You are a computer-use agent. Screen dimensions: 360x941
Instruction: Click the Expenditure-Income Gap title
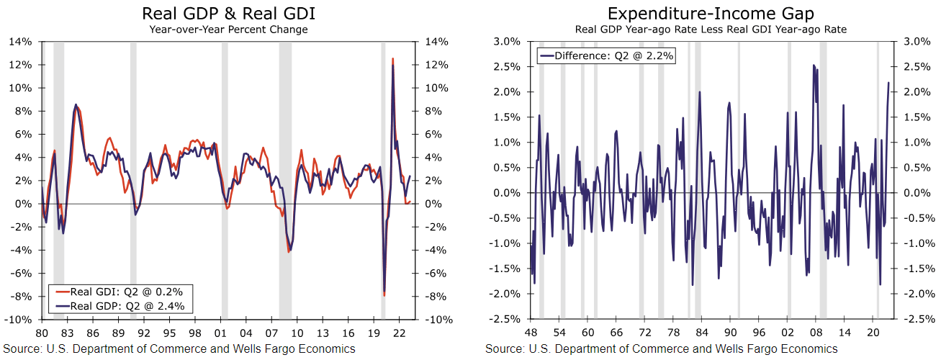pyautogui.click(x=711, y=14)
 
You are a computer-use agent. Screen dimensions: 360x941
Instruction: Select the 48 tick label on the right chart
pyautogui.click(x=531, y=333)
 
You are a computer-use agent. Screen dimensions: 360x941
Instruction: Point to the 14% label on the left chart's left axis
pyautogui.click(x=20, y=42)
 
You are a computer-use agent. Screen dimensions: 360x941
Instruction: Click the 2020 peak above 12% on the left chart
pyautogui.click(x=392, y=59)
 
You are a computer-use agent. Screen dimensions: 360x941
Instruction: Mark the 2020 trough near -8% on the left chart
pyautogui.click(x=384, y=294)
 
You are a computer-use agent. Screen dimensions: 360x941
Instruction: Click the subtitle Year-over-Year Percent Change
pyautogui.click(x=228, y=30)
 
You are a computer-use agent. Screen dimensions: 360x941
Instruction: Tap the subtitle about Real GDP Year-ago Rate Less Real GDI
pyautogui.click(x=711, y=30)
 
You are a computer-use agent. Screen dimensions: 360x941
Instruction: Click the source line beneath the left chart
pyautogui.click(x=179, y=349)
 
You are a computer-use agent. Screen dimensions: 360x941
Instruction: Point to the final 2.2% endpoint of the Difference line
pyautogui.click(x=888, y=83)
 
